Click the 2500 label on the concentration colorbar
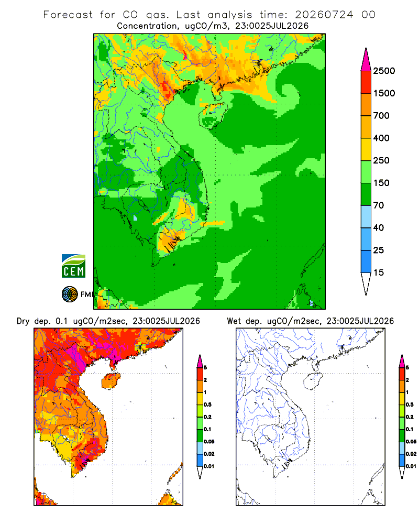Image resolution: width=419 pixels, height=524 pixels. click(x=384, y=71)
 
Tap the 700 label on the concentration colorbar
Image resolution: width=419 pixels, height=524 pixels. click(x=381, y=116)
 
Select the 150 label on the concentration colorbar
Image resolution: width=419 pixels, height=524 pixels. click(x=381, y=183)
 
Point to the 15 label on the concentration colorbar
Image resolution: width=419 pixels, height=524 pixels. click(x=379, y=272)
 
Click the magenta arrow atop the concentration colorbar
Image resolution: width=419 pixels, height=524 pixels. click(x=366, y=60)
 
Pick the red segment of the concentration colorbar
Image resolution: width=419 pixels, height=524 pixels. click(x=366, y=82)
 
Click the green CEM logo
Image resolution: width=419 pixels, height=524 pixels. click(x=73, y=266)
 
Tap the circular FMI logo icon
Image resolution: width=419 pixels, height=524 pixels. click(x=70, y=294)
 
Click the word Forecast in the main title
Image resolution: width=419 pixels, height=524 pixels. click(x=68, y=15)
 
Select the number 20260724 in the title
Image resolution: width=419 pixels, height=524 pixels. click(x=324, y=15)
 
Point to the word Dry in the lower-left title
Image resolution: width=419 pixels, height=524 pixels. click(x=23, y=321)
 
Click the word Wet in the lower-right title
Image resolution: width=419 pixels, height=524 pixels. click(x=234, y=321)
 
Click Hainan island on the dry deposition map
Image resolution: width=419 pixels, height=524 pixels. click(x=111, y=381)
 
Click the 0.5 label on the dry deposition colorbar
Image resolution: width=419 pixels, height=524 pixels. click(x=207, y=405)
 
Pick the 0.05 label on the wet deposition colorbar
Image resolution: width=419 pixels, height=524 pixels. click(x=411, y=442)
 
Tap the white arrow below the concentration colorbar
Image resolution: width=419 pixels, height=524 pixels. click(x=366, y=283)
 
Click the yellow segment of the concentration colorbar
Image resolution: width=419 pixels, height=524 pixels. click(x=366, y=149)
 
